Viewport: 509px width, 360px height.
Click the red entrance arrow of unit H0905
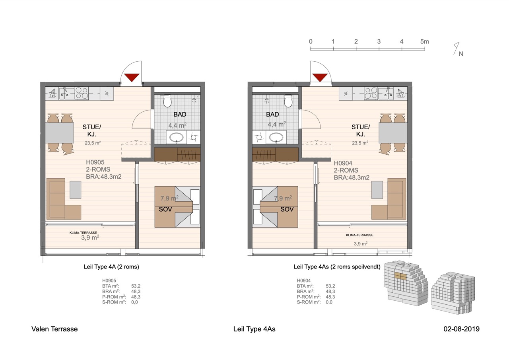132,77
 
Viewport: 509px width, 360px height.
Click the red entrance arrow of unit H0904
320,77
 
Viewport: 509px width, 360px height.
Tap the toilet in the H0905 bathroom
167,101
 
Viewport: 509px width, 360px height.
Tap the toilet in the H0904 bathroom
288,101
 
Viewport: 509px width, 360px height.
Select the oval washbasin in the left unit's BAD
177,137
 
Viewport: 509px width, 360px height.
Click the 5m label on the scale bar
424,42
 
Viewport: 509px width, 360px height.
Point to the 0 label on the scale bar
311,42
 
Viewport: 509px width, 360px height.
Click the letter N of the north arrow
461,54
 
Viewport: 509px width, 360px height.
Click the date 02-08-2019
462,329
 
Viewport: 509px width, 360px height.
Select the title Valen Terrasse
54,329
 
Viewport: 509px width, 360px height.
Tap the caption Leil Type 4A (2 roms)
111,267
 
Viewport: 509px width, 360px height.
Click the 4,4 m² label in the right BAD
276,125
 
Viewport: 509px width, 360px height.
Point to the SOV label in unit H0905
165,209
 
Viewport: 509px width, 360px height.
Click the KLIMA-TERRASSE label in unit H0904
360,235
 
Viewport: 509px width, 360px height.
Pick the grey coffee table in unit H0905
76,190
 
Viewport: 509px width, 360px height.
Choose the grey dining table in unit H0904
393,133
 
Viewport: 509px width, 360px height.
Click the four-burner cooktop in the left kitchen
82,93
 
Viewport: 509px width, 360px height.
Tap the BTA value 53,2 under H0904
330,286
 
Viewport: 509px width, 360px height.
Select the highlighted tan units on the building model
400,276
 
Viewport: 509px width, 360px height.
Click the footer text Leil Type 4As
254,329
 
